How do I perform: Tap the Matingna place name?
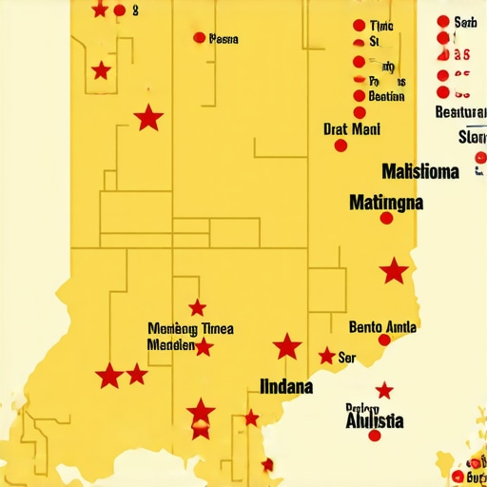click(386, 203)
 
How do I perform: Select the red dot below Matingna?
click(386, 218)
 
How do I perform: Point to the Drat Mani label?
click(351, 129)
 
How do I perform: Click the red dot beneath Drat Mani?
click(340, 146)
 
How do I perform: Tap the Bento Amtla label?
click(382, 327)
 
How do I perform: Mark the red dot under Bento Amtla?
click(384, 340)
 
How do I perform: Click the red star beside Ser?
click(326, 356)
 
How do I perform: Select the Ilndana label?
click(286, 387)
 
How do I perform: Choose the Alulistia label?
click(374, 419)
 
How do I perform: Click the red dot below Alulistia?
click(374, 436)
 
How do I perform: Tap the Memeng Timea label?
click(190, 329)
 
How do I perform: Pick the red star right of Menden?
click(204, 347)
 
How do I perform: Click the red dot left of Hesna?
click(199, 38)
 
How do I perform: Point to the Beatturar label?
click(459, 112)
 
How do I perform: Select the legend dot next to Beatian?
click(359, 96)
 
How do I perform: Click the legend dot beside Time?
click(358, 26)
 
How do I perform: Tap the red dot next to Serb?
click(442, 21)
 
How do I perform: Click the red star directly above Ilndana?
click(287, 347)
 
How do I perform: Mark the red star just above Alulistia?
click(384, 391)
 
